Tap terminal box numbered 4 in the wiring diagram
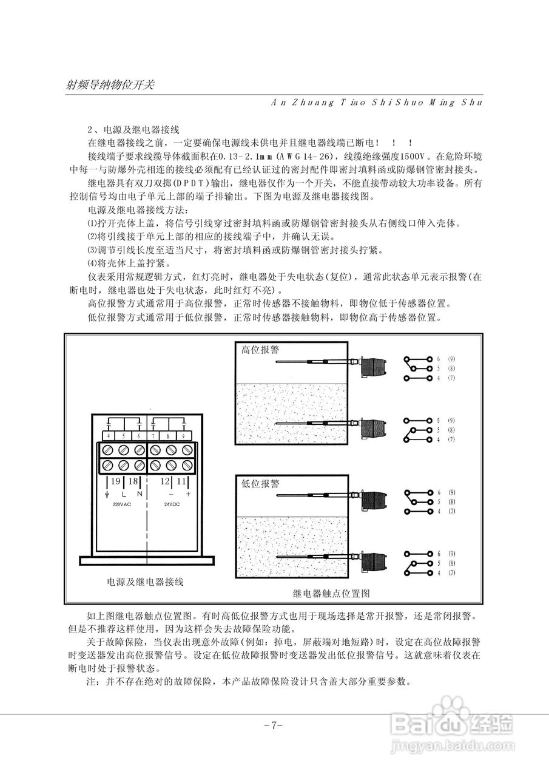(109, 436)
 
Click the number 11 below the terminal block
(181, 481)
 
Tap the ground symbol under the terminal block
(107, 495)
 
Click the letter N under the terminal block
(140, 494)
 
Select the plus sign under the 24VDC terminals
(188, 494)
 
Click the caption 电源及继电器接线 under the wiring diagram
(145, 582)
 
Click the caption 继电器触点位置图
(331, 592)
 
